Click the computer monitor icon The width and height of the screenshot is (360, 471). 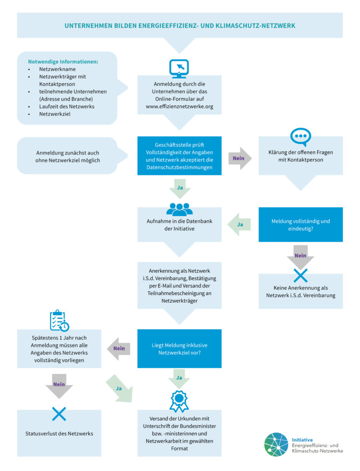(179, 68)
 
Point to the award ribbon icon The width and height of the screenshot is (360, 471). (179, 401)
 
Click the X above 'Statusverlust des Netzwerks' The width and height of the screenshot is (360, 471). (59, 414)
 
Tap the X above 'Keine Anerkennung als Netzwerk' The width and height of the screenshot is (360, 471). (300, 276)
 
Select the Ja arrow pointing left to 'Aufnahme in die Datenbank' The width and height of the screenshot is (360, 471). (240, 224)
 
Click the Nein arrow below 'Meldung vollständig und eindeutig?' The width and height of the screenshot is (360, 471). (300, 256)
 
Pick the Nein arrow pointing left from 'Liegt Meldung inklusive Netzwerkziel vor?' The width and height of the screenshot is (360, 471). (119, 349)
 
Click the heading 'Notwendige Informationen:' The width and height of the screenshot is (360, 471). (63, 62)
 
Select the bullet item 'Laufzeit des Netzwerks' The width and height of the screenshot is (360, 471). (67, 106)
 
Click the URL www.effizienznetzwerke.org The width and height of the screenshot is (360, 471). (179, 106)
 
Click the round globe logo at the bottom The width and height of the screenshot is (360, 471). (276, 444)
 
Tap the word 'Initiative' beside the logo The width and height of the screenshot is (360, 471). (302, 439)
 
